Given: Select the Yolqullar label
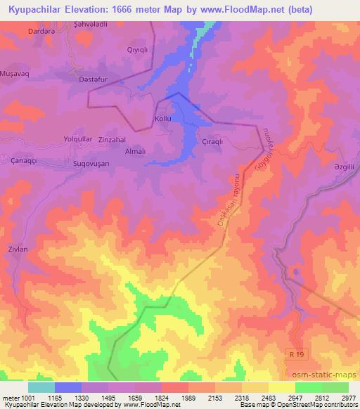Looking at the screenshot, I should tap(78, 138).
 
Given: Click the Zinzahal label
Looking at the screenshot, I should tap(112, 139).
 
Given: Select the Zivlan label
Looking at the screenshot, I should tap(19, 248).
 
